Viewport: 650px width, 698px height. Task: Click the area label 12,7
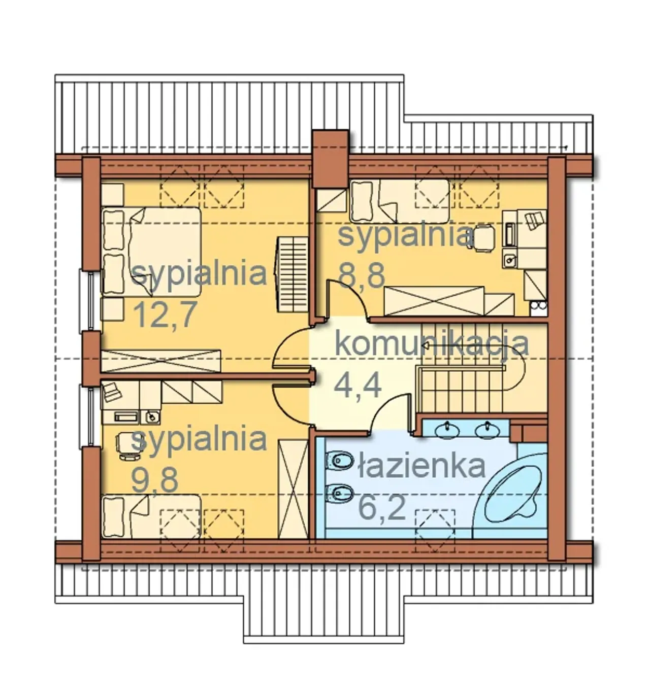[164, 315]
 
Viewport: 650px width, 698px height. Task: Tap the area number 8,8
[362, 275]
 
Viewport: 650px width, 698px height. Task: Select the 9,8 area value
[155, 480]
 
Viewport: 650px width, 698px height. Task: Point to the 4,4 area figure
[357, 386]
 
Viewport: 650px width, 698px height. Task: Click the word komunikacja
[432, 344]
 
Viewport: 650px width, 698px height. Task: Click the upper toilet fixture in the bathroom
[339, 460]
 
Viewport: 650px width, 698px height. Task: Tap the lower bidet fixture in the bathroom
[339, 493]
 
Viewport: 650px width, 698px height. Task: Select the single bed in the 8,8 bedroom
[400, 201]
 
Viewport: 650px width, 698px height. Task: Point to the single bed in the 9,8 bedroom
[151, 516]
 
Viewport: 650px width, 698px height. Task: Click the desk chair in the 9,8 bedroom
[127, 446]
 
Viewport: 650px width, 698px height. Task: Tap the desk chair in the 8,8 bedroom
[483, 238]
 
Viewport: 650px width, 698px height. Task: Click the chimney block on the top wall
[331, 159]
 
